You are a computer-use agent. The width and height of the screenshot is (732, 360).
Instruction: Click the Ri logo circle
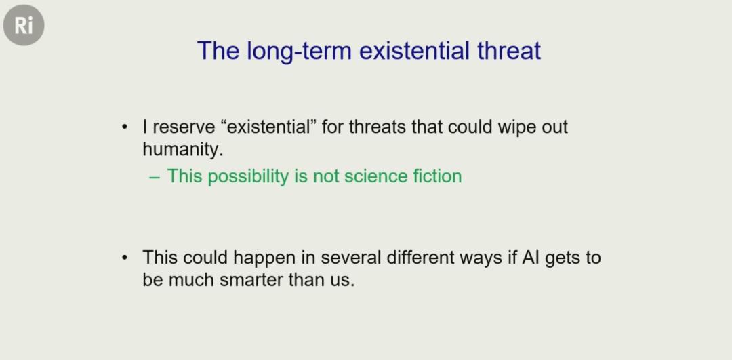click(x=23, y=25)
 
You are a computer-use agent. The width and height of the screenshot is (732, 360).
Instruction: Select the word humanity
click(x=180, y=149)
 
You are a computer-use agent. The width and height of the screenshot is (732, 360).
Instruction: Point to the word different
click(x=420, y=258)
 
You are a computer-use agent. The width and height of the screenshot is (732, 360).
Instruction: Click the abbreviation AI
click(x=530, y=258)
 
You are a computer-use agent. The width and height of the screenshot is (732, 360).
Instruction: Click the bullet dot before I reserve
click(x=124, y=127)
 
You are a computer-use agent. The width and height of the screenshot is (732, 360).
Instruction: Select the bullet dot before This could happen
click(x=124, y=258)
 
